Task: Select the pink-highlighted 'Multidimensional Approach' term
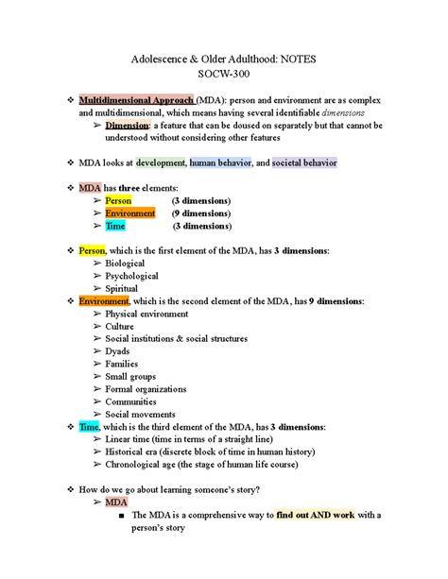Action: (x=137, y=100)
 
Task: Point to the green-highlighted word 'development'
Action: (x=161, y=162)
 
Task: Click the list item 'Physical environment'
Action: (x=146, y=314)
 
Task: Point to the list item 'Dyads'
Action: (x=118, y=351)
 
